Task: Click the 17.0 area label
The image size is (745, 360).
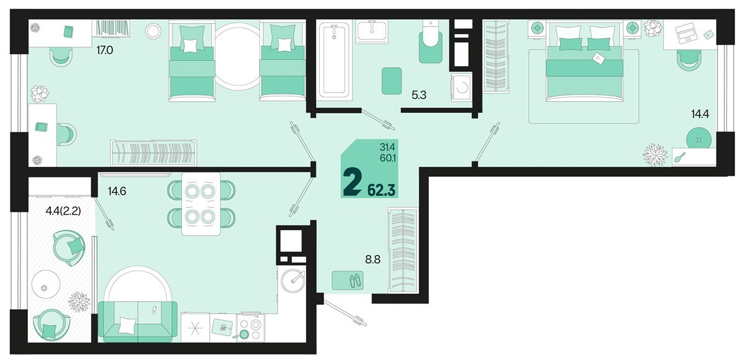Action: coord(105,50)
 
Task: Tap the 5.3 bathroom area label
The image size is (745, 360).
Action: coord(418,96)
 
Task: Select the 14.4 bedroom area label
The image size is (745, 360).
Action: coord(700,114)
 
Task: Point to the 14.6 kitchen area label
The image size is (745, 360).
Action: coord(117,191)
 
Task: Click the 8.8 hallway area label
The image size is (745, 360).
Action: coord(373,259)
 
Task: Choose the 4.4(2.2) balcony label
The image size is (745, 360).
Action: coord(63,211)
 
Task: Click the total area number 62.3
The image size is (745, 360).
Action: coord(381,190)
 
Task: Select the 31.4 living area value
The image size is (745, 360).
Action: coord(387,146)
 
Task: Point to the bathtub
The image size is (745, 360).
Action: coord(334,60)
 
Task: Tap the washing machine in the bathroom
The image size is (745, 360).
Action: coord(461,88)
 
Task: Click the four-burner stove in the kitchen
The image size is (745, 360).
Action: coord(251,328)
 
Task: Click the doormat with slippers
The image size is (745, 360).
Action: coord(348,280)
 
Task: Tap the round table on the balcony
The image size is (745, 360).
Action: coord(45,286)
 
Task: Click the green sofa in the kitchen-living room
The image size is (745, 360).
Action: coord(138,322)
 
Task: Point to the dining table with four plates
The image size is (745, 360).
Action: coord(201,204)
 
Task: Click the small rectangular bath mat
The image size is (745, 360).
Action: coord(392,81)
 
